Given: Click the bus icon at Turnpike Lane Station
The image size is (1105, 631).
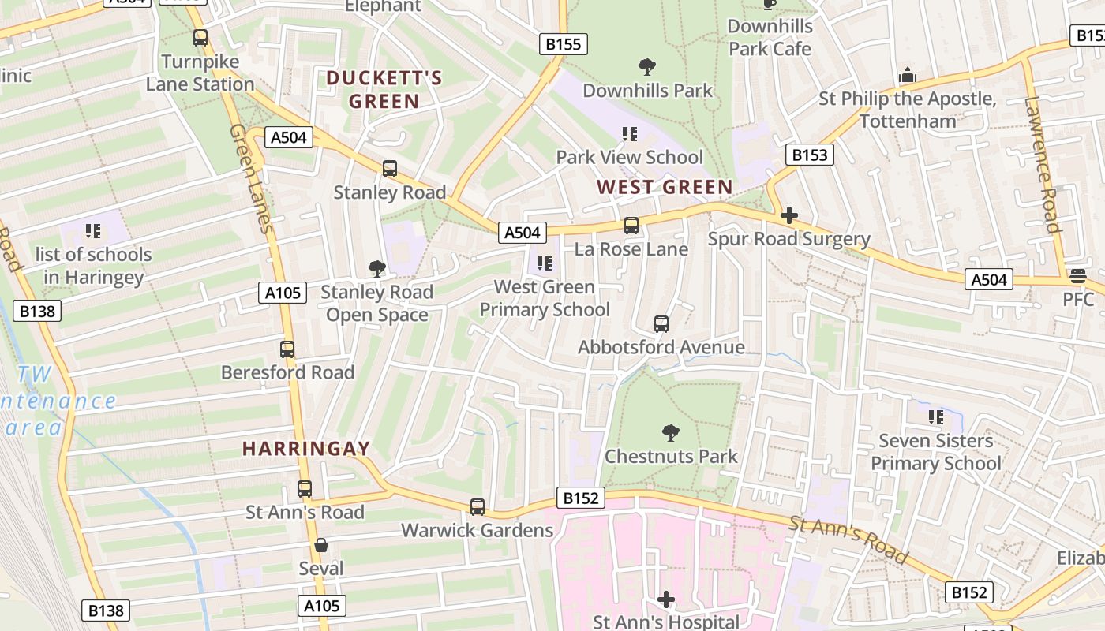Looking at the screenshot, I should (x=200, y=37).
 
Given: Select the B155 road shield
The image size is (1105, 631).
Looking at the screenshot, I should (x=564, y=44).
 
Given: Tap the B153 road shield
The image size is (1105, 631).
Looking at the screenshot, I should (x=810, y=155).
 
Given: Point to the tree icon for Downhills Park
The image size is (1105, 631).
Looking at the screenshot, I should (x=647, y=66).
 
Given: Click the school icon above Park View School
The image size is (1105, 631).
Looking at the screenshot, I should (x=629, y=133).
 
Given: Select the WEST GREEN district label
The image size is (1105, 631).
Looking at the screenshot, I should (x=665, y=187).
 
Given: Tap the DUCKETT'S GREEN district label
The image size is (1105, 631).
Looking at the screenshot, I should (x=384, y=89).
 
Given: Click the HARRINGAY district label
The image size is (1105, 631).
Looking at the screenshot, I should (x=306, y=449).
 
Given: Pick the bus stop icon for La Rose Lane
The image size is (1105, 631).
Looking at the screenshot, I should (x=631, y=226).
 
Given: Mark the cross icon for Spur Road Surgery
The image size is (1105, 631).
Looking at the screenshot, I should (x=788, y=215).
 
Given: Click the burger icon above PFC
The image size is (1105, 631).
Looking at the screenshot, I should (x=1078, y=276).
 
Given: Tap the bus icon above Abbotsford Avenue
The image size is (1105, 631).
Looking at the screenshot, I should (x=661, y=323).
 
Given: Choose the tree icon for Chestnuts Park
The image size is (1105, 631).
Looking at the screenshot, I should (x=671, y=432).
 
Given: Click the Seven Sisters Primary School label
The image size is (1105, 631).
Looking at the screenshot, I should (x=935, y=452).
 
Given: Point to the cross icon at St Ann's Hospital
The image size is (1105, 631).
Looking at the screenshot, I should (x=666, y=599).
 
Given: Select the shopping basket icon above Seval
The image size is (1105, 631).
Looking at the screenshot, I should (x=321, y=545).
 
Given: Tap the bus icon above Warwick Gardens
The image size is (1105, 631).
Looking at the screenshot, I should (x=478, y=506).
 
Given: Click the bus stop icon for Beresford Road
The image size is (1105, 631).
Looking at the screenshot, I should (x=287, y=349).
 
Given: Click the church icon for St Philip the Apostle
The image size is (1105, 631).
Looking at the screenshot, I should (x=908, y=76).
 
